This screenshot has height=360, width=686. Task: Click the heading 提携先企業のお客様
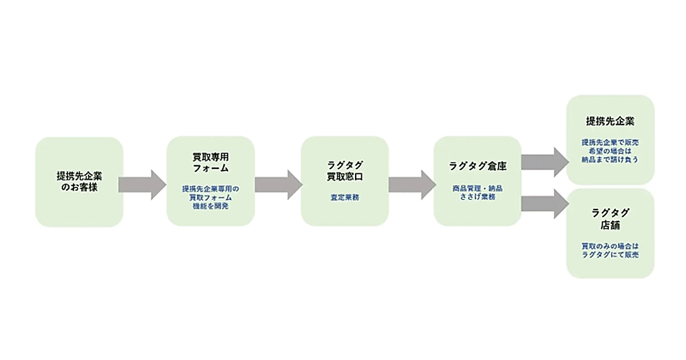[79, 181]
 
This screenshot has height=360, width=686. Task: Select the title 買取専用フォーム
[210, 162]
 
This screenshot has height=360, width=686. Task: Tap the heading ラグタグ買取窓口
[345, 170]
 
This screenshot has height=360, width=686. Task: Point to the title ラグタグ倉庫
[477, 166]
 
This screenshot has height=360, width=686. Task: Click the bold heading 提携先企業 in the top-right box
[610, 121]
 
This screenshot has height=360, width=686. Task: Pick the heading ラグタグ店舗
[610, 219]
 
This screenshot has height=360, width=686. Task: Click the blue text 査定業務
[345, 197]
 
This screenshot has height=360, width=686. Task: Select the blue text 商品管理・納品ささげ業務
[477, 192]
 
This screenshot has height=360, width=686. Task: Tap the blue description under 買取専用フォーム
[210, 197]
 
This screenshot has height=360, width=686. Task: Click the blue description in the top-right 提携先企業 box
[610, 151]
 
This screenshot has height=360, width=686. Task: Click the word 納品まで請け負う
[610, 160]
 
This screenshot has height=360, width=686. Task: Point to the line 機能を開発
[210, 206]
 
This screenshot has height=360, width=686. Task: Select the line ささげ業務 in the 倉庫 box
[477, 197]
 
